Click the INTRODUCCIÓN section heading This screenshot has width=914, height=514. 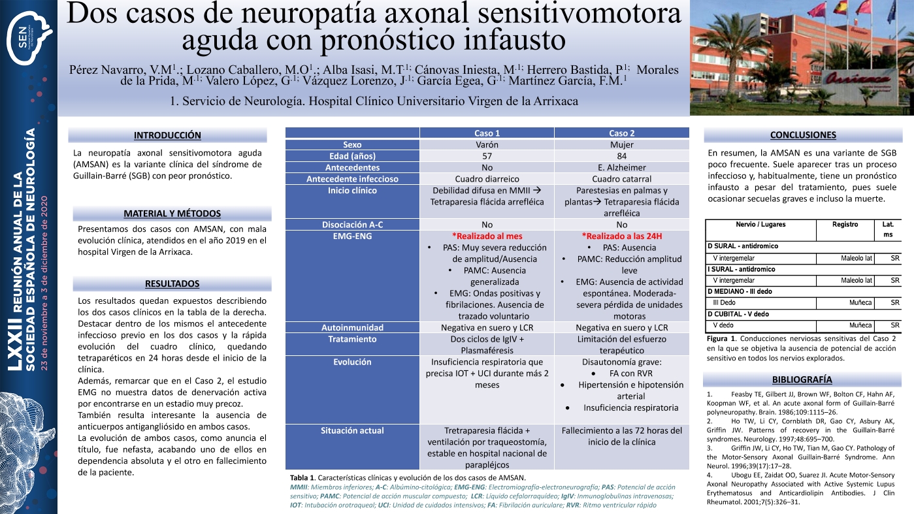click(x=167, y=135)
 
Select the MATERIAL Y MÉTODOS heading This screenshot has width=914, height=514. click(x=172, y=214)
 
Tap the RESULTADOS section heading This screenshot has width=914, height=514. click(x=172, y=283)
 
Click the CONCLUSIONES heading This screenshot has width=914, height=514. click(x=803, y=135)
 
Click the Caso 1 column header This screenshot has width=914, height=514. click(x=487, y=133)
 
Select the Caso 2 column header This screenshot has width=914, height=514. click(x=621, y=133)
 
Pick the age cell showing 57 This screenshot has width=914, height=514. click(x=487, y=156)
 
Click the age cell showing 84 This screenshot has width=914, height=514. click(x=621, y=156)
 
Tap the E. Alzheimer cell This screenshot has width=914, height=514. click(x=621, y=167)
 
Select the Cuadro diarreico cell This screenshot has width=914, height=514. click(x=487, y=179)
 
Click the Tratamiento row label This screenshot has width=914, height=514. click(x=352, y=339)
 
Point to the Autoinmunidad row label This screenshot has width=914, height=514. click(x=352, y=327)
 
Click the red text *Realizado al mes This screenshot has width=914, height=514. click(x=487, y=236)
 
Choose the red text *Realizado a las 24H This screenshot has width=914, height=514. click(x=621, y=236)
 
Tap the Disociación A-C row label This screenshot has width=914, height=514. click(x=352, y=224)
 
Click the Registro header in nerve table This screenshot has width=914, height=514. click(x=845, y=224)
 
